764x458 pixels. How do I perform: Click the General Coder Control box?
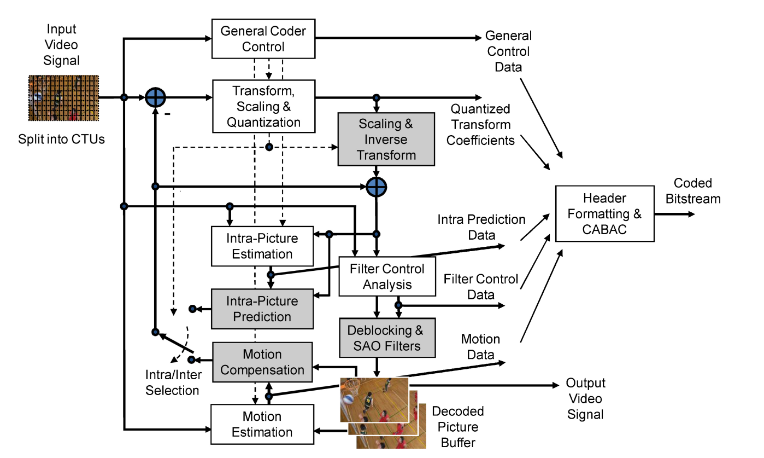pos(263,39)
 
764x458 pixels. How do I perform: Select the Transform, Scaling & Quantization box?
pos(263,106)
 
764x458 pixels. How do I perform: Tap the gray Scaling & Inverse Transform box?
pos(386,140)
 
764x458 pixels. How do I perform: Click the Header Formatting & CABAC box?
pos(604,213)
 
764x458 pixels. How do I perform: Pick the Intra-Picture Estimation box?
pos(262,246)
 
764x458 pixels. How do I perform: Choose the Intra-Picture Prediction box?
pos(262,309)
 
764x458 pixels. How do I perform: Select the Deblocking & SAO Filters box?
pos(387,338)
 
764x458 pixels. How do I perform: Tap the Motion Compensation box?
pos(262,362)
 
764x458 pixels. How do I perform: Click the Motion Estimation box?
pos(262,425)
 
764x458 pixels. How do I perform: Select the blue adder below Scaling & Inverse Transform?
pos(376,187)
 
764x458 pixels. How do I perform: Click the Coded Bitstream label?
pos(696,191)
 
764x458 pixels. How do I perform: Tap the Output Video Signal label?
pos(585,399)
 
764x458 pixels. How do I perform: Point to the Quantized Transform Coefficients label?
pos(481,125)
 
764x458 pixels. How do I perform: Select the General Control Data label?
pos(508,51)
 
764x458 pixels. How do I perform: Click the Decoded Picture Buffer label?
pos(458,427)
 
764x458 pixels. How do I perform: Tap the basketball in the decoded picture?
pos(348,399)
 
